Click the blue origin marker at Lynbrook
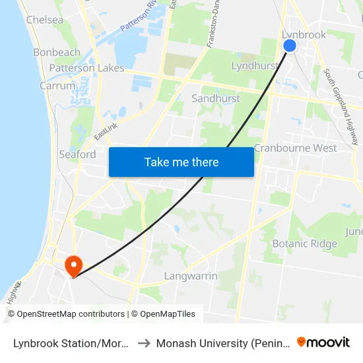(x=290, y=45)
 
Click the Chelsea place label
(x=45, y=20)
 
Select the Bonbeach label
(x=57, y=52)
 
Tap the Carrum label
(x=57, y=86)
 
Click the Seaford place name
(x=77, y=154)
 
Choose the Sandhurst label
(x=216, y=98)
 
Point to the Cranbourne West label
(x=295, y=148)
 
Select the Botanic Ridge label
(x=305, y=244)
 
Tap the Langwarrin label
(x=191, y=276)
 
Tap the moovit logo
(x=323, y=342)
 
